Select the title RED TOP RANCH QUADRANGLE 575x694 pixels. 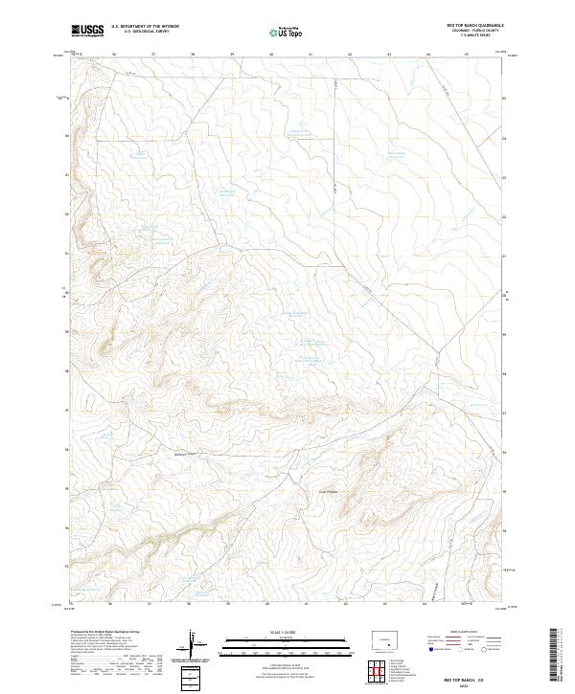tap(475, 25)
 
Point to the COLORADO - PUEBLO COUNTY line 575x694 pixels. tap(475, 31)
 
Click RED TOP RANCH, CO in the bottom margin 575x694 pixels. tap(476, 676)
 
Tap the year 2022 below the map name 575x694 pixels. tap(476, 683)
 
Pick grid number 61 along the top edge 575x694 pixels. tap(310, 55)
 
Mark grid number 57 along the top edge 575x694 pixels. tap(153, 55)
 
